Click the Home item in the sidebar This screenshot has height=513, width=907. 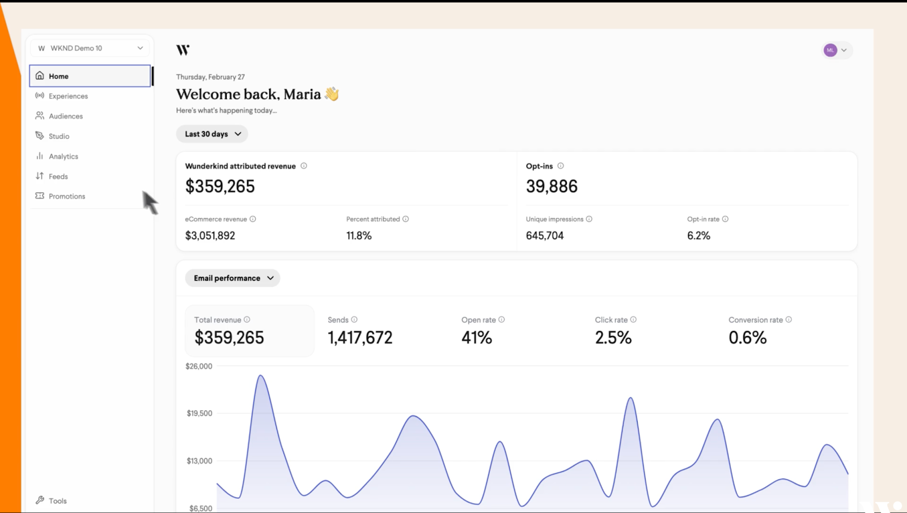point(58,76)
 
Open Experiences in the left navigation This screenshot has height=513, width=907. point(68,96)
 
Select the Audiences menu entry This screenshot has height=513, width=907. point(65,116)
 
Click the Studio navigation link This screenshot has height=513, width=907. point(58,137)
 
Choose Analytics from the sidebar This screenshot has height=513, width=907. point(63,156)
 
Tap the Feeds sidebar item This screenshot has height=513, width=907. point(58,176)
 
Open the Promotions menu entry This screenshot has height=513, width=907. point(66,196)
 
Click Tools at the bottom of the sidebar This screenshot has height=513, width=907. point(57,501)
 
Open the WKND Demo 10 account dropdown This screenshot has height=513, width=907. point(90,48)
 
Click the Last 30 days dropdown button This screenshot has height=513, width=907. point(212,134)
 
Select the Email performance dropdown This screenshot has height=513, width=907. point(232,278)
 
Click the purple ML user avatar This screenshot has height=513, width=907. point(830,50)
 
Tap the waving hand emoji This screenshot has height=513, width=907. point(332,94)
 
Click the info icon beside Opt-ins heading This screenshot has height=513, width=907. point(561,166)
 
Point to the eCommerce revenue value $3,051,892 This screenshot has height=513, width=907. point(210,235)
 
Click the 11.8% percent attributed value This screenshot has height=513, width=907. point(359,235)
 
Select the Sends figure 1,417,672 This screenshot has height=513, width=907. point(360,338)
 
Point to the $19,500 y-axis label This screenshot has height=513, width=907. point(200,413)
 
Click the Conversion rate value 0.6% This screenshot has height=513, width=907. point(747,338)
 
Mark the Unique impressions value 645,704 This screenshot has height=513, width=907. point(545,235)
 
